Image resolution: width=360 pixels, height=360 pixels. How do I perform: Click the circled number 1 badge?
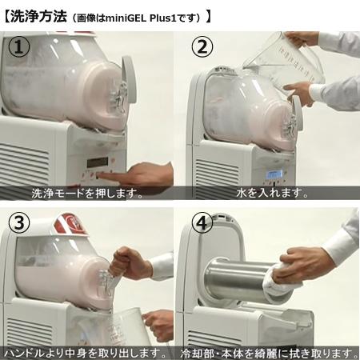coord(19,47)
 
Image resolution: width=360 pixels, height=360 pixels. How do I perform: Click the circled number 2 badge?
coord(202,47)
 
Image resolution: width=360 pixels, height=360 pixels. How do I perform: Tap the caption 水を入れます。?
coord(273,193)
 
